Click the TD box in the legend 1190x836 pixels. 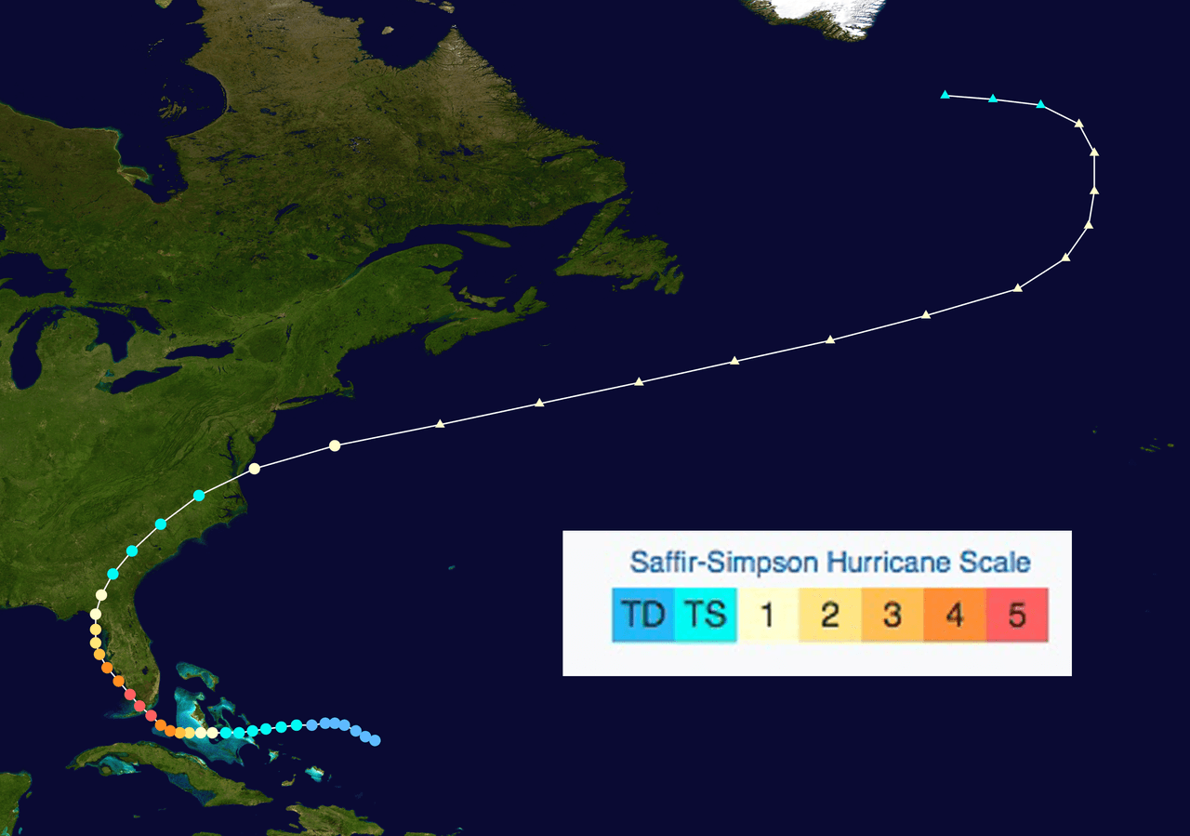tap(643, 615)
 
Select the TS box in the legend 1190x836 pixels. tap(706, 615)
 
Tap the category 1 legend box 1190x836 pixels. tap(768, 615)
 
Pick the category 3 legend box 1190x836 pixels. tap(892, 615)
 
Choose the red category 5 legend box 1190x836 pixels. tap(1017, 615)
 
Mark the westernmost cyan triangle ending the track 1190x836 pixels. tap(945, 95)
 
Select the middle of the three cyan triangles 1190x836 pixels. tap(993, 99)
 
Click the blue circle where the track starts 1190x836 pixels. tap(376, 741)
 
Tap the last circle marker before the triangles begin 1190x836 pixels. tap(335, 446)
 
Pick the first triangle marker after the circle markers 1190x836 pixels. tap(441, 424)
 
